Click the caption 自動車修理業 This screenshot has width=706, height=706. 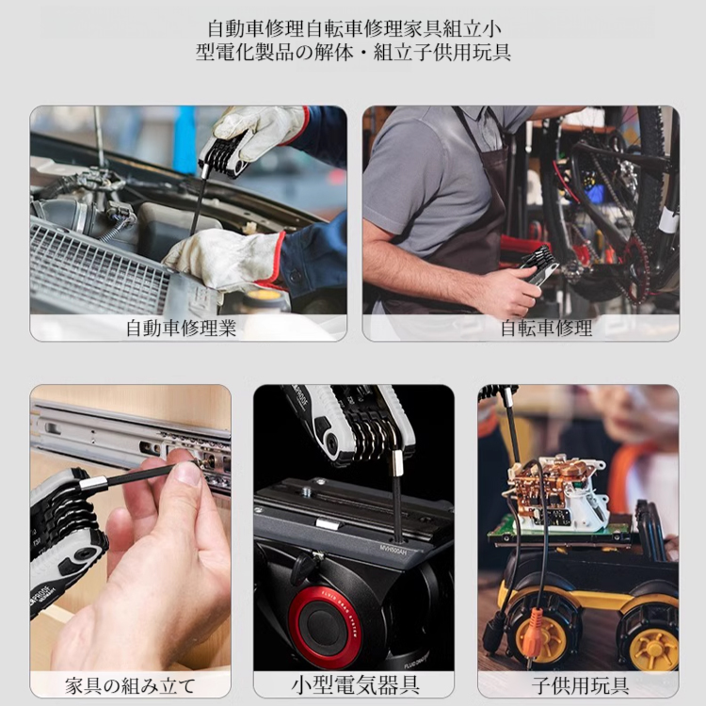(181, 329)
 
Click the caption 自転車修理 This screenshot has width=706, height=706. (546, 329)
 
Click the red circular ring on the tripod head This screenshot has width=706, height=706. (325, 625)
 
